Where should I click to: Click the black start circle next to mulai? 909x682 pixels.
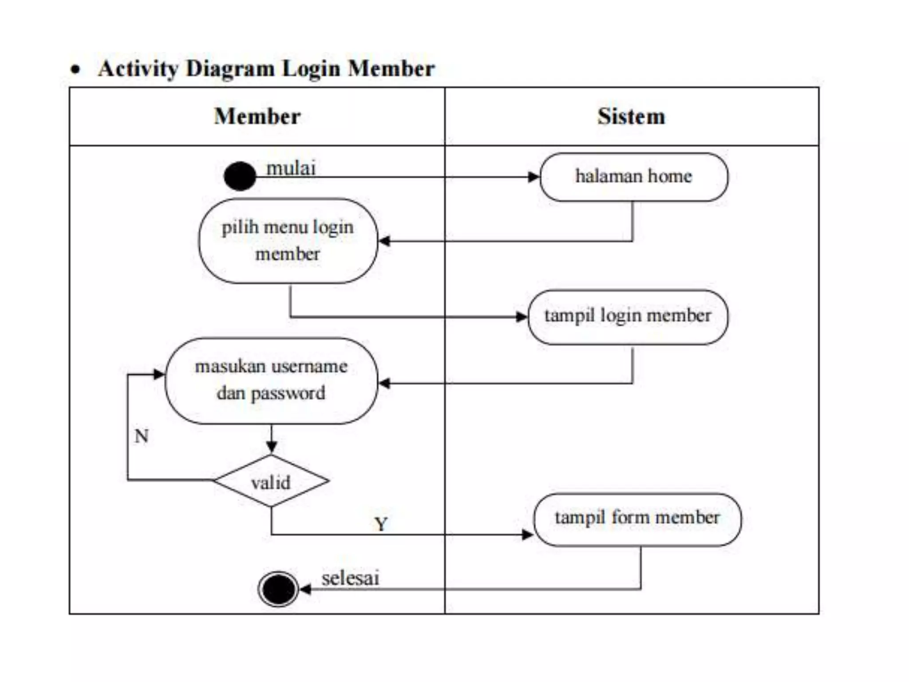pos(240,176)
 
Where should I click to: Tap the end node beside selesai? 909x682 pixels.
pos(278,589)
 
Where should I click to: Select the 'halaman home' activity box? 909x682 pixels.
pos(633,177)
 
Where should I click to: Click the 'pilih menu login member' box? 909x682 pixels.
pos(288,241)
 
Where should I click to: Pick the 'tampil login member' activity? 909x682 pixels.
pos(628,317)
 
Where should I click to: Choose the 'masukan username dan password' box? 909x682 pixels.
pos(271,381)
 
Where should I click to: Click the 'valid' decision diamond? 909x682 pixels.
pos(271,481)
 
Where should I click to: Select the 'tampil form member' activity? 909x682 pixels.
pos(637,519)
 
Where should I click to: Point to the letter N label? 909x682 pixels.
pos(142,436)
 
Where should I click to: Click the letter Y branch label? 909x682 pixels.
pos(381,524)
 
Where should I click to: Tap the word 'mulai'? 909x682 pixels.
pos(291,169)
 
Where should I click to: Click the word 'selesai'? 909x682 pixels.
pos(350,579)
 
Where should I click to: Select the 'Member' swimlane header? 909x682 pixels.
pos(257,116)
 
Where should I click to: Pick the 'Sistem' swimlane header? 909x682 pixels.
pos(631,116)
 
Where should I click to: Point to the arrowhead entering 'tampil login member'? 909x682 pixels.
pos(522,317)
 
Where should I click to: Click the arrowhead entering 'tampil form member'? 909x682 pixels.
pos(528,535)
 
